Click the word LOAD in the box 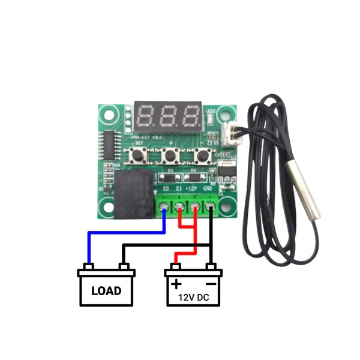106,291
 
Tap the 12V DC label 193,297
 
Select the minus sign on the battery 211,282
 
